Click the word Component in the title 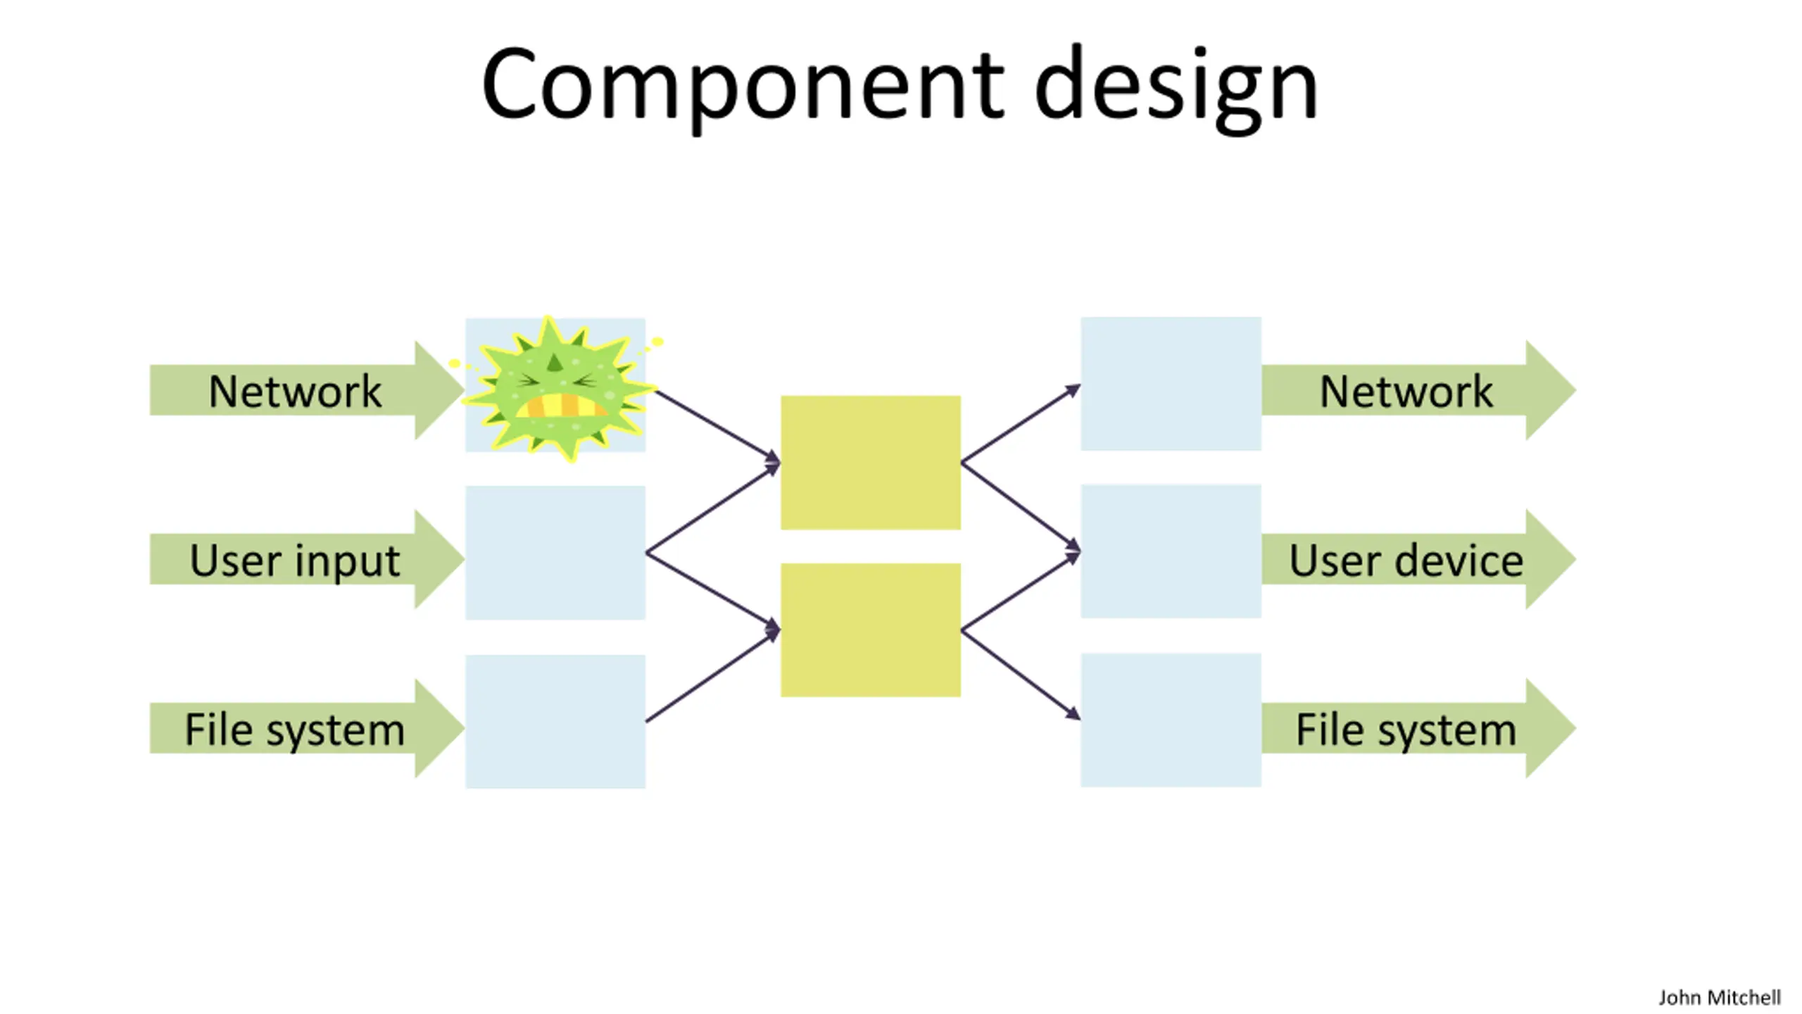(x=743, y=84)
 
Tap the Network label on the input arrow (x=294, y=391)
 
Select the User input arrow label (x=294, y=561)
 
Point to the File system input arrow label (x=294, y=730)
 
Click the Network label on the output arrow (x=1406, y=391)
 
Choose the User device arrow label (x=1406, y=561)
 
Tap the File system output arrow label (x=1406, y=730)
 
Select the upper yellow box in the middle (x=871, y=463)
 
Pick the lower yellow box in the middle (x=871, y=630)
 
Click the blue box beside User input (x=555, y=553)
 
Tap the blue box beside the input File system (x=555, y=722)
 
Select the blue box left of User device (x=1171, y=551)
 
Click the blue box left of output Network (x=1171, y=384)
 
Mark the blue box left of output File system (x=1171, y=720)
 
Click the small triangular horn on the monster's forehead (x=555, y=363)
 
